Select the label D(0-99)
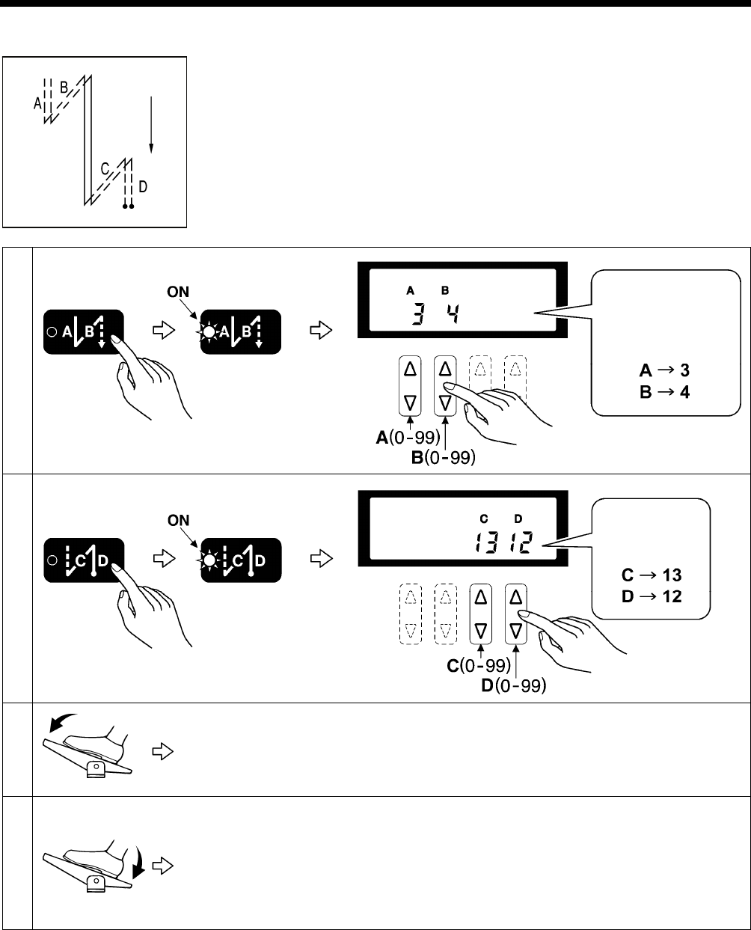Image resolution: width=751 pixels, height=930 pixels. [514, 684]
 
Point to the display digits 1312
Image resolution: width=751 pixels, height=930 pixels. [506, 544]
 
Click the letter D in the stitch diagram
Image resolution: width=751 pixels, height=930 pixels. [142, 186]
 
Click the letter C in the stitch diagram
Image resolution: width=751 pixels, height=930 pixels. [105, 169]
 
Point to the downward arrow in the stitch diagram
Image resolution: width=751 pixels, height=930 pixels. [151, 123]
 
